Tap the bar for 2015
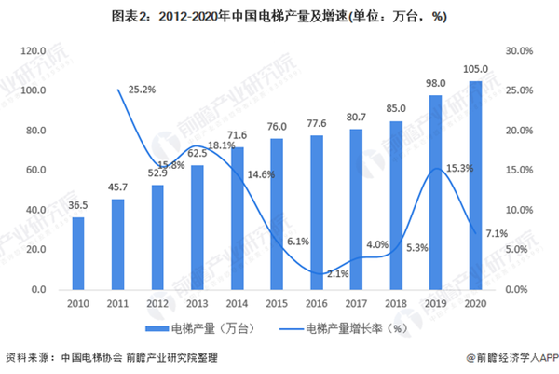[x=277, y=214]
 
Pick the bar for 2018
[x=396, y=205]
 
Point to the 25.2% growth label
[x=141, y=90]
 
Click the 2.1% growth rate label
[x=338, y=273]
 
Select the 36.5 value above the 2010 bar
[x=77, y=206]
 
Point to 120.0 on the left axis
[x=33, y=50]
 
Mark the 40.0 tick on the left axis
[x=34, y=210]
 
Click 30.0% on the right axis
[x=519, y=50]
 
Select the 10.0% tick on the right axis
[x=519, y=210]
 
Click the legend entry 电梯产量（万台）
[x=206, y=327]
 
